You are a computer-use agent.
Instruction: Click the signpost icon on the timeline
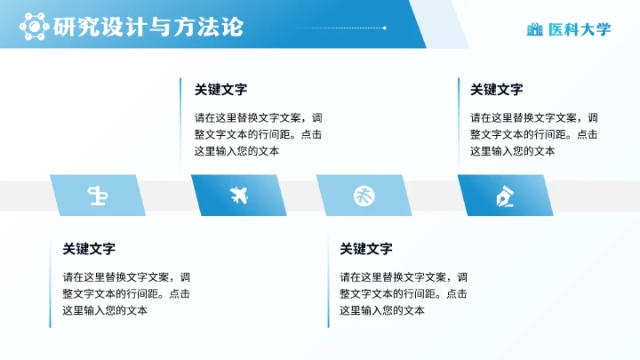coord(98,195)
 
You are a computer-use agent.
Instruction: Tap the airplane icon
coord(238,195)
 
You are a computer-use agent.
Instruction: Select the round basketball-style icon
coord(364,195)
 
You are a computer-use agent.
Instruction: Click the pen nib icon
coord(504,195)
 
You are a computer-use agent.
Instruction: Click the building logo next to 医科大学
coord(534,29)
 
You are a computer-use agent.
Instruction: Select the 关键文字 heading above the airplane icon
coord(220,90)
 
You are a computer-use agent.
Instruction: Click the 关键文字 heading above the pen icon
coord(496,90)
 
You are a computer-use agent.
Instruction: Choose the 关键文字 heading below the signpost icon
coord(88,249)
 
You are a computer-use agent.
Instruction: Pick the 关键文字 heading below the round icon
coord(365,249)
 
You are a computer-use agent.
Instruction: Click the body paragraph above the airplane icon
coord(258,134)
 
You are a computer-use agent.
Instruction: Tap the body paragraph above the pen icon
coord(533,134)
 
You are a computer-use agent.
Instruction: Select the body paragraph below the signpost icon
coord(125,293)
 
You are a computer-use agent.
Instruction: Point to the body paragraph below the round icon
coord(403,293)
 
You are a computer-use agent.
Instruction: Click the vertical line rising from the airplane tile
coord(180,125)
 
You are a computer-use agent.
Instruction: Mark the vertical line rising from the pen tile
coord(459,125)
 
